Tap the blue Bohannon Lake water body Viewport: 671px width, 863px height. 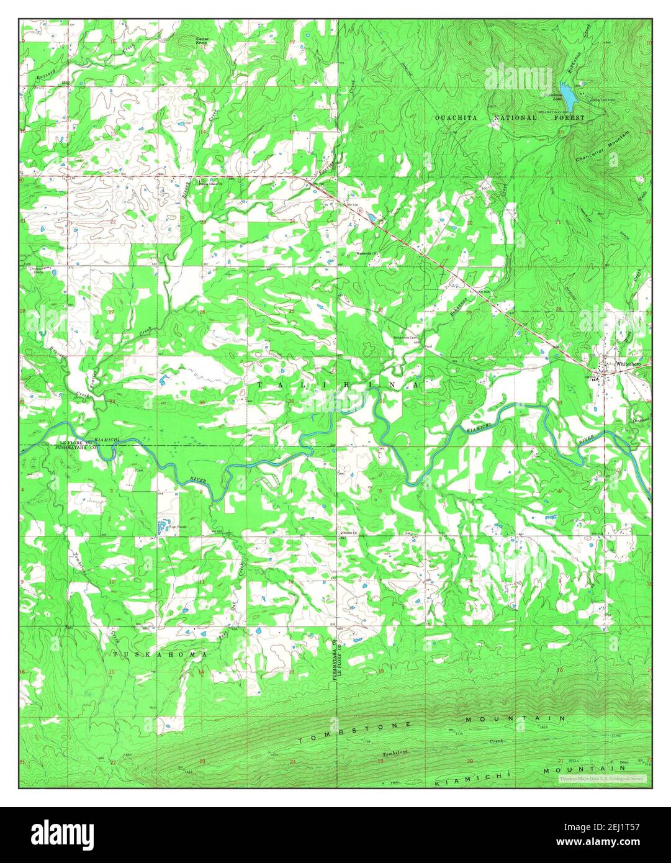(x=569, y=93)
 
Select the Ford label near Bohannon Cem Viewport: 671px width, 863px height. (x=428, y=346)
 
